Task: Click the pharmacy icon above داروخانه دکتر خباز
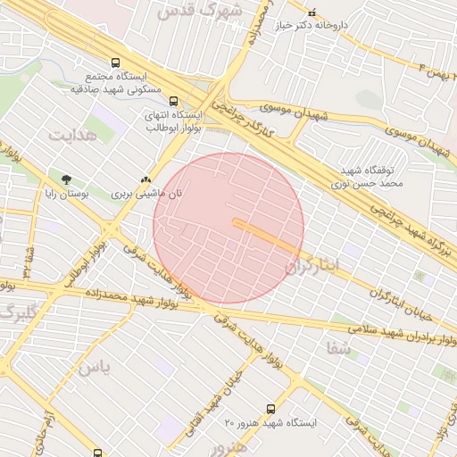pyautogui.click(x=312, y=12)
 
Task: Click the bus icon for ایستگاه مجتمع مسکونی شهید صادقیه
pyautogui.click(x=115, y=62)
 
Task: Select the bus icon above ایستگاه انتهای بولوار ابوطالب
pyautogui.click(x=173, y=101)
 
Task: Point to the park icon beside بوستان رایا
pyautogui.click(x=67, y=179)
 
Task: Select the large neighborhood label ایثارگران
pyautogui.click(x=314, y=265)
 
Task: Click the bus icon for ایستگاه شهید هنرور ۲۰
pyautogui.click(x=270, y=409)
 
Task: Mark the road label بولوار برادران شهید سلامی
pyautogui.click(x=393, y=336)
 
